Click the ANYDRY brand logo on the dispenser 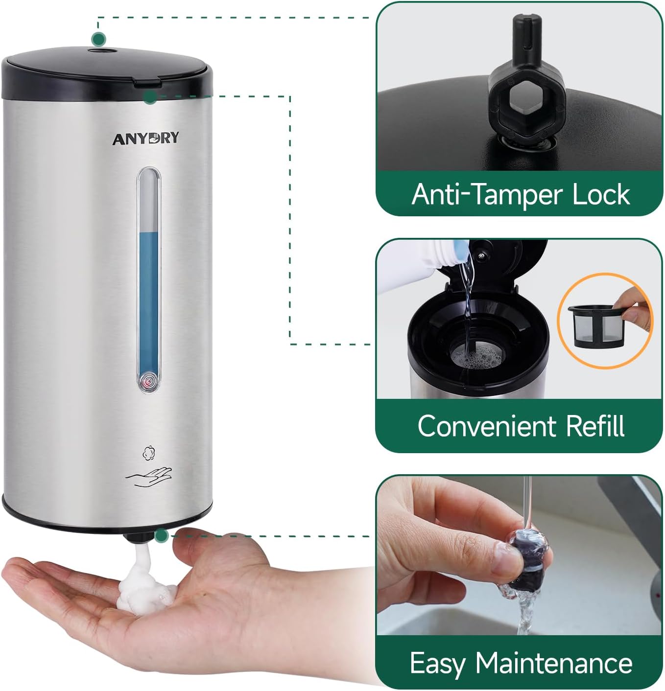pyautogui.click(x=145, y=138)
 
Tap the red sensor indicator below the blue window pyautogui.click(x=148, y=381)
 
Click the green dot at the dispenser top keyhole pyautogui.click(x=99, y=39)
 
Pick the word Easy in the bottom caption pyautogui.click(x=437, y=665)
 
